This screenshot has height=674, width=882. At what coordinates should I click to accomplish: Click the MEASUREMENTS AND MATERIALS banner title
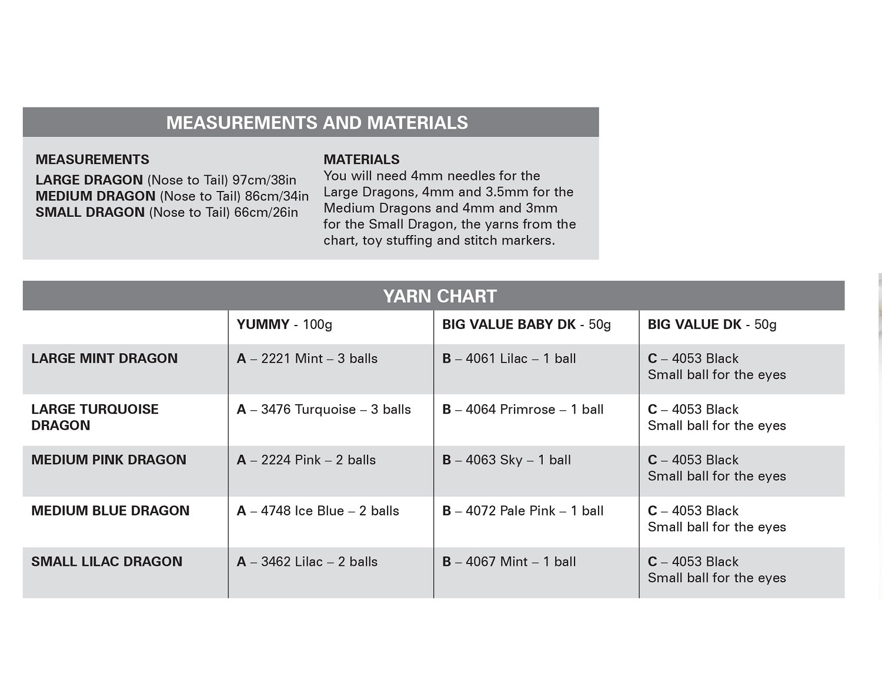click(317, 122)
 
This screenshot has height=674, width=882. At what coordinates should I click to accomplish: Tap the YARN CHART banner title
click(440, 296)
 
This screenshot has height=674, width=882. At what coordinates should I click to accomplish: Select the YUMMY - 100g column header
click(284, 324)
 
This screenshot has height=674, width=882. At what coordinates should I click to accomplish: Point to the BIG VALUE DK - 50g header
click(712, 324)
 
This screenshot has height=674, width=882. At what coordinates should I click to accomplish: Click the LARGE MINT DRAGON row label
click(104, 358)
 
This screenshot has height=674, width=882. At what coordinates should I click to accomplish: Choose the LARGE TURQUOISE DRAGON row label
click(95, 417)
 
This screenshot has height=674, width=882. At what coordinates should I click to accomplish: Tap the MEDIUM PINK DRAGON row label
click(109, 460)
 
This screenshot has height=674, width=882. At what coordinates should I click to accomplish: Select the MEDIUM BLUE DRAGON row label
click(111, 511)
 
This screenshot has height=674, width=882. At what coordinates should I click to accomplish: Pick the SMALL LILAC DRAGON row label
click(106, 562)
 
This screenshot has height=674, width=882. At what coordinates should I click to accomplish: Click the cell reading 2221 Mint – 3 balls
click(307, 358)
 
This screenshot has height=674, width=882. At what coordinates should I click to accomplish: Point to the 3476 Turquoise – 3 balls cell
click(323, 410)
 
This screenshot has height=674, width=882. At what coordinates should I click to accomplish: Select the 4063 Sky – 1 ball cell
click(506, 460)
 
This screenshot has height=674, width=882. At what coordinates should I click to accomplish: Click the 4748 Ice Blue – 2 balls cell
click(318, 511)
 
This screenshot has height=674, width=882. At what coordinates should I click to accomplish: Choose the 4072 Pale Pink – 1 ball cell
click(523, 511)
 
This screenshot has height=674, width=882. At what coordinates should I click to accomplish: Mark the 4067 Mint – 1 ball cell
click(509, 562)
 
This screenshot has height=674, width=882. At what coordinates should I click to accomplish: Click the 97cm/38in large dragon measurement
click(264, 180)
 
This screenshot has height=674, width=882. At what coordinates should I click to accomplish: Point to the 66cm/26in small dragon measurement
click(266, 212)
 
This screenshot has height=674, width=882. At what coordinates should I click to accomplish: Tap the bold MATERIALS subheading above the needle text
click(361, 159)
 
